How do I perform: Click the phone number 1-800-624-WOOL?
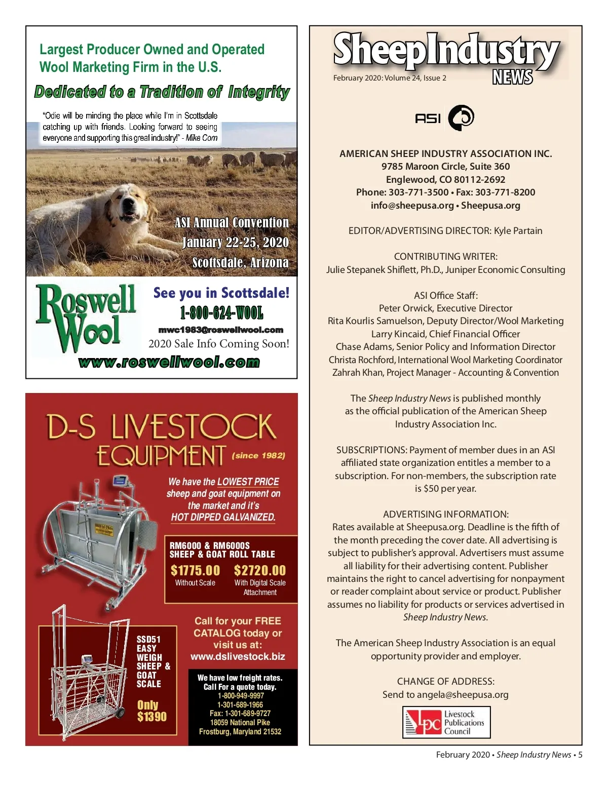tap(221, 313)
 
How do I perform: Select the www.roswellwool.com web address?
tap(169, 362)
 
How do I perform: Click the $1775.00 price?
tap(195, 571)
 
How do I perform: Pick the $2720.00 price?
tap(260, 571)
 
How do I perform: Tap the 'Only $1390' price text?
tap(151, 711)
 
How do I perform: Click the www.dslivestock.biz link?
tap(238, 657)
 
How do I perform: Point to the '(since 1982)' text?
tap(258, 456)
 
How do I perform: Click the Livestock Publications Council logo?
tap(446, 722)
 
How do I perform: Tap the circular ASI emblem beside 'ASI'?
tap(461, 118)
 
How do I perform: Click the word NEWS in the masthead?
tap(512, 77)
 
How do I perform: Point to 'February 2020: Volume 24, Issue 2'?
tap(390, 78)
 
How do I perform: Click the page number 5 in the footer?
tap(580, 755)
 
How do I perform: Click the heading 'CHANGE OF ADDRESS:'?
tap(445, 682)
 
